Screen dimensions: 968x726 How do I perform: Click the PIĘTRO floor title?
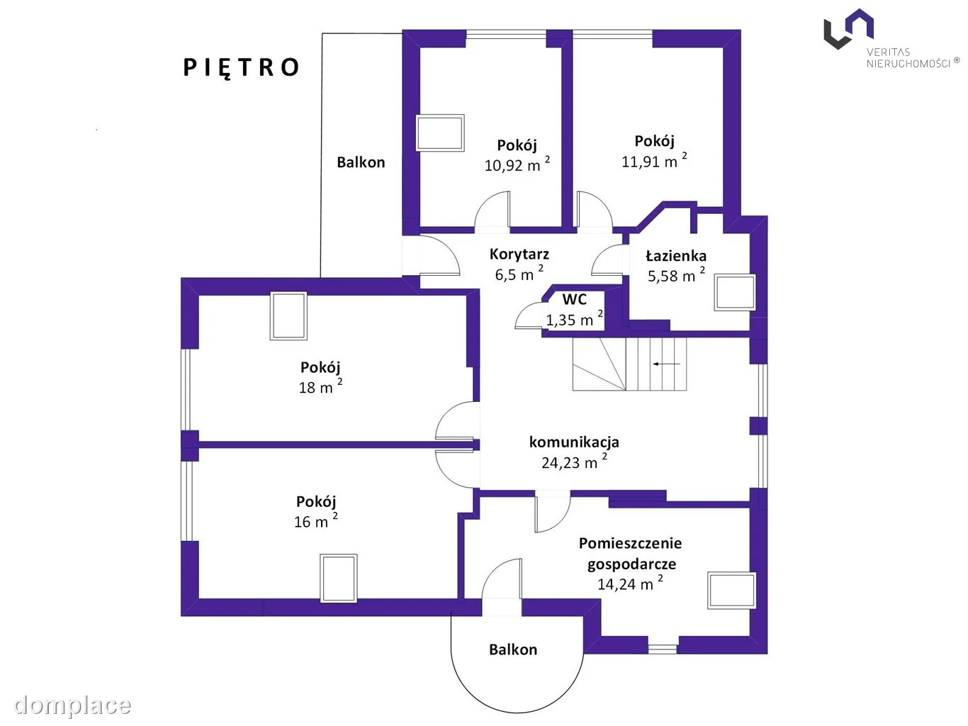coord(241,68)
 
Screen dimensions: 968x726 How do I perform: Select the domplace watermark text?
coord(73,705)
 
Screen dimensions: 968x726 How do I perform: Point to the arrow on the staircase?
coord(666,364)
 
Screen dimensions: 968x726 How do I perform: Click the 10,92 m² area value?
coord(517,164)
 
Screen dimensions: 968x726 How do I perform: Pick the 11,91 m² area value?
coord(654,160)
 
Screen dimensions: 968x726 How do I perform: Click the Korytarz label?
coord(519,254)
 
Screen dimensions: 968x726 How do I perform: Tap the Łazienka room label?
coord(675,255)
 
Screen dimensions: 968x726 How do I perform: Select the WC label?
coord(574,299)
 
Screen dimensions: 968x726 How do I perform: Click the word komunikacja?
coord(574,442)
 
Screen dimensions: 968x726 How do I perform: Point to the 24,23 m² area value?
coord(574,462)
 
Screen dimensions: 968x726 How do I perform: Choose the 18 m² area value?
coord(320,386)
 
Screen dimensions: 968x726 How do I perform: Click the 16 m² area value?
coord(316,520)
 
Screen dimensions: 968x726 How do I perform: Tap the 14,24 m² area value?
coord(630,583)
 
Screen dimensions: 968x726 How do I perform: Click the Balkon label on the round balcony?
coord(513,649)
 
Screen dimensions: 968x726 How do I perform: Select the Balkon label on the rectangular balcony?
coord(361,162)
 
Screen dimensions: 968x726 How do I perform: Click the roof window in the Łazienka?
coord(735,292)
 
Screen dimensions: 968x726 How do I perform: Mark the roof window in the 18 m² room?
coord(288,315)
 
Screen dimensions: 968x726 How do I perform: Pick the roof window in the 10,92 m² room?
coord(440,133)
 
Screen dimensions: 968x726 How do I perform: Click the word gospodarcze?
coord(631,564)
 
